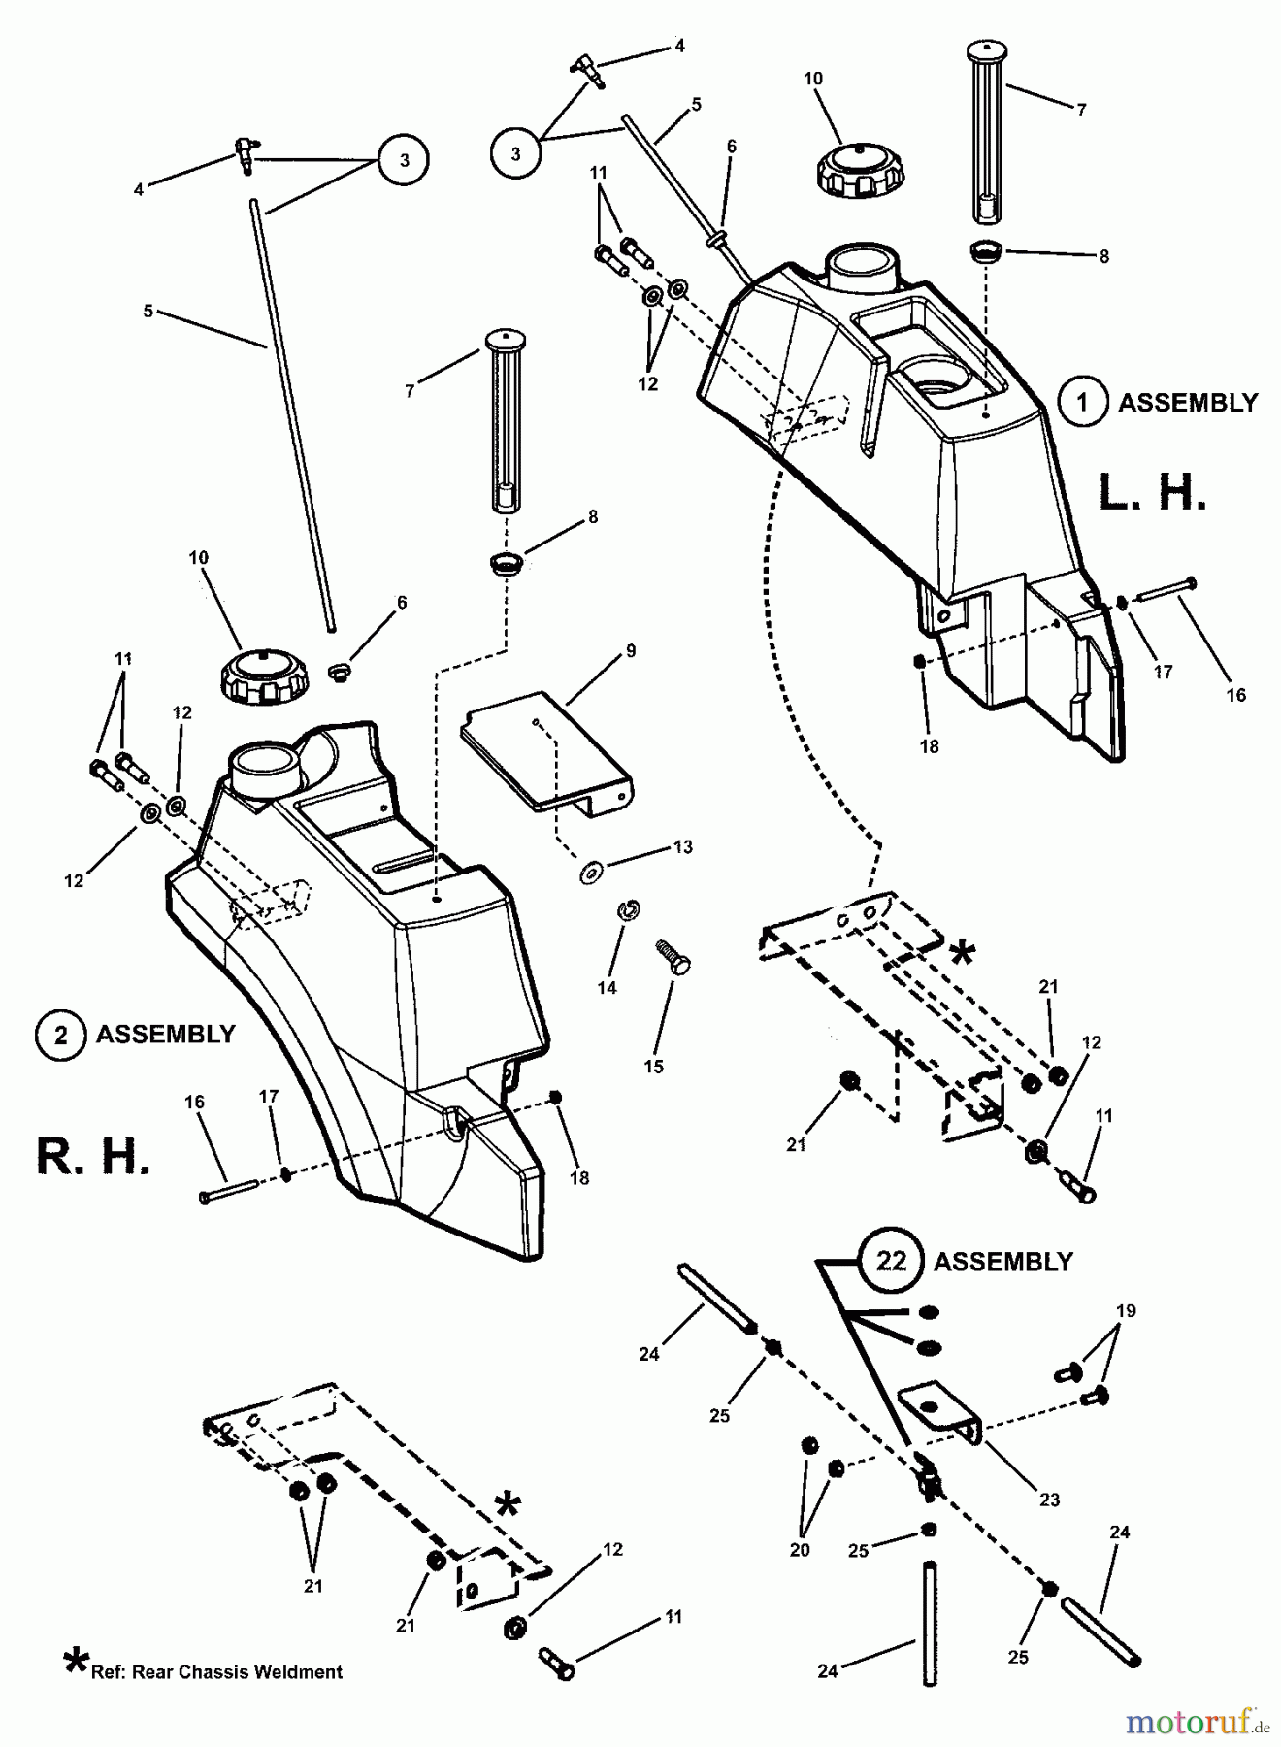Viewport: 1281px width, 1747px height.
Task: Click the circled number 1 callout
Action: click(x=1082, y=402)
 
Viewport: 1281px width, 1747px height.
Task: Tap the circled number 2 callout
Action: click(x=60, y=1035)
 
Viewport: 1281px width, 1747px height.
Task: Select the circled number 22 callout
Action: click(x=891, y=1261)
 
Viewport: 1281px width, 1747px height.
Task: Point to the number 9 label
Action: click(x=631, y=651)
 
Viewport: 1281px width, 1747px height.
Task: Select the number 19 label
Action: click(x=1125, y=1311)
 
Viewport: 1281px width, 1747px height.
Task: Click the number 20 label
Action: click(x=799, y=1550)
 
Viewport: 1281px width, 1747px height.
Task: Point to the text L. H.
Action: click(x=1152, y=493)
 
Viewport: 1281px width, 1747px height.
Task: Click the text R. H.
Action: click(x=94, y=1158)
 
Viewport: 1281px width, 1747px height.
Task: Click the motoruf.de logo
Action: click(x=1197, y=1723)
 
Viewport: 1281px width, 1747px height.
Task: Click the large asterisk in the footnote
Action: click(x=75, y=1662)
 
